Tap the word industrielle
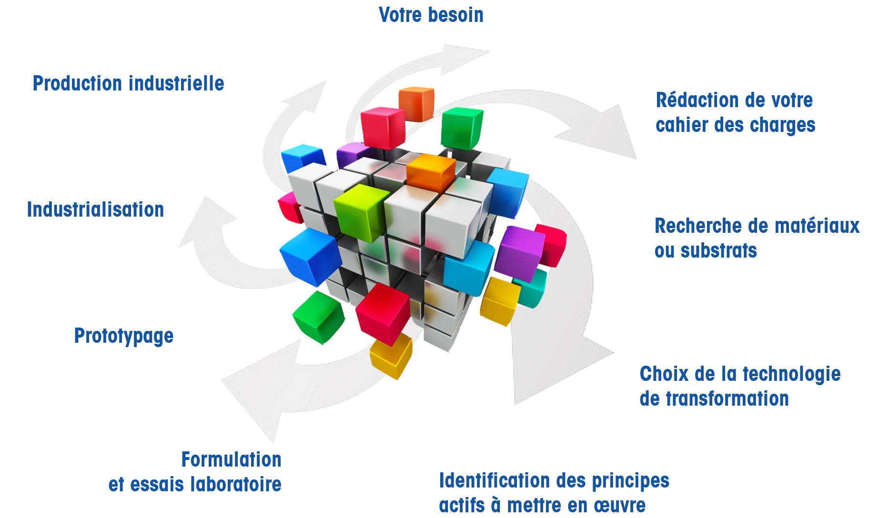pos(176,84)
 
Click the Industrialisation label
pos(95,209)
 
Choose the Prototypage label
pos(124,336)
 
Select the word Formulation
pos(232,460)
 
